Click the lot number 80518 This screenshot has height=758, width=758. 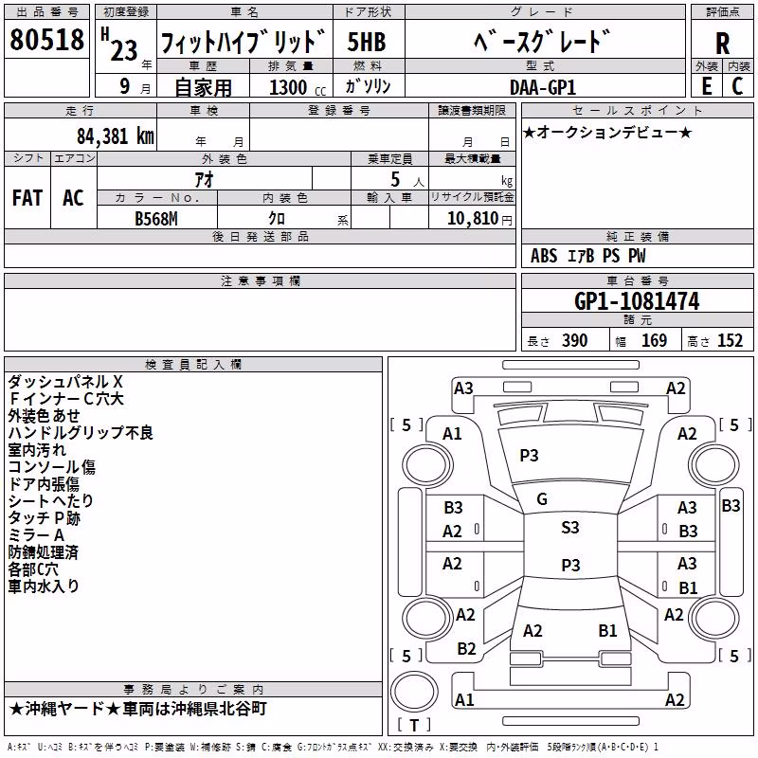click(x=46, y=39)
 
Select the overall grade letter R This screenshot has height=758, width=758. click(x=722, y=43)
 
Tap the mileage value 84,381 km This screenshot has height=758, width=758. click(x=116, y=136)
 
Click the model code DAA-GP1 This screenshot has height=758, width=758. click(x=543, y=87)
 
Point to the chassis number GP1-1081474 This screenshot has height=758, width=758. click(x=637, y=301)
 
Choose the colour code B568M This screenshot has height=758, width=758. click(x=156, y=219)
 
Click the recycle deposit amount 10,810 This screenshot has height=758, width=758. click(x=472, y=218)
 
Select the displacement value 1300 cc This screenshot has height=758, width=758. click(x=298, y=87)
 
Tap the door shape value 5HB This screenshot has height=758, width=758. click(x=367, y=42)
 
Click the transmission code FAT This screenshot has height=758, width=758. click(x=27, y=198)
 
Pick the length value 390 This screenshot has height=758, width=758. click(x=575, y=340)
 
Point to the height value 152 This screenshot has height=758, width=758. click(x=730, y=340)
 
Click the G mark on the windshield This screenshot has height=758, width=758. click(x=542, y=499)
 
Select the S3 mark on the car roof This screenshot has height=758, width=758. click(x=570, y=528)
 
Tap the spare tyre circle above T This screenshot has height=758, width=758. click(x=414, y=692)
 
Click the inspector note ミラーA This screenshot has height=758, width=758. click(x=36, y=535)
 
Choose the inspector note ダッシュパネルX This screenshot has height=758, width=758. click(x=65, y=382)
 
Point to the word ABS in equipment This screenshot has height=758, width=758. click(x=544, y=256)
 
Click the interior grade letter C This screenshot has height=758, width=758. click(x=737, y=86)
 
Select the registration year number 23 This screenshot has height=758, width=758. click(x=124, y=50)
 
